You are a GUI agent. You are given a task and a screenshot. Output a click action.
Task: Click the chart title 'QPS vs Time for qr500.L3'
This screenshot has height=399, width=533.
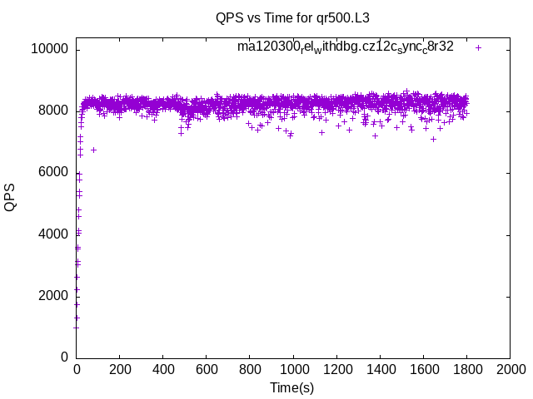[x=292, y=17]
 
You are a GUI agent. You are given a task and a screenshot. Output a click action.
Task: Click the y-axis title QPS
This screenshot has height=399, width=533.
[x=10, y=197]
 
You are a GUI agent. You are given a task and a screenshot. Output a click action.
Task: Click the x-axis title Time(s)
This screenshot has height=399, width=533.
[x=292, y=387]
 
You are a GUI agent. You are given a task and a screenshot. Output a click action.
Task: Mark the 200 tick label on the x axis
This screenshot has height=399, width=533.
[x=120, y=369]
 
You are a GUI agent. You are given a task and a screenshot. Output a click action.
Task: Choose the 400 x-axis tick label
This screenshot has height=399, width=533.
[x=163, y=369]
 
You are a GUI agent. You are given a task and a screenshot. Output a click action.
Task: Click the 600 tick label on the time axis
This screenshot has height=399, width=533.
[x=207, y=369]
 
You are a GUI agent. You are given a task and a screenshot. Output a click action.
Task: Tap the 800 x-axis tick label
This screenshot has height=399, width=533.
[x=250, y=369]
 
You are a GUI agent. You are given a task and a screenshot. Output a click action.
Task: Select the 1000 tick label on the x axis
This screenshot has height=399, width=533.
[x=293, y=369]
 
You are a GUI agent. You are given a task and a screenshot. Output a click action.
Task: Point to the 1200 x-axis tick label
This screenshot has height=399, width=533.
[x=336, y=369]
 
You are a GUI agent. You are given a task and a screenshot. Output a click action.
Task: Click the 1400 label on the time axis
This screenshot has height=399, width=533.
[x=380, y=369]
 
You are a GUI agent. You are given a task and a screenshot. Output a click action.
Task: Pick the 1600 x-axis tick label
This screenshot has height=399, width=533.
[x=423, y=369]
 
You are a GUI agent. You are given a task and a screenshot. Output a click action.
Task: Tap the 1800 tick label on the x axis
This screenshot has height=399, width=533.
[x=466, y=369]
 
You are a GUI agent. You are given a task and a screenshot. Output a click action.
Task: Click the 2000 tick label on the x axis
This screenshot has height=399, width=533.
[x=510, y=369]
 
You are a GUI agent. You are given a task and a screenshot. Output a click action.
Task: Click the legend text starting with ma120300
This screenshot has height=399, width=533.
[x=345, y=47]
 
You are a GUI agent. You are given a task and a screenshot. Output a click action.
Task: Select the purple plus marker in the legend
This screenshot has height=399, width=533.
[x=478, y=47]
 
